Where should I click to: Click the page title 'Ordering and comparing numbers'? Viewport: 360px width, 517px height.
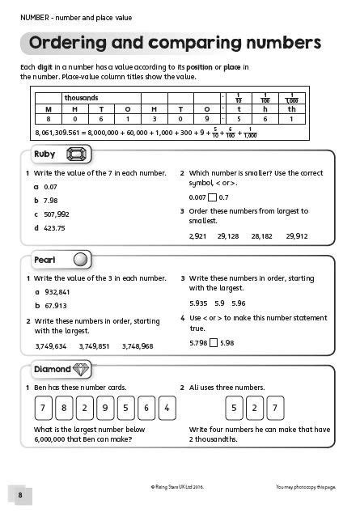coord(174,43)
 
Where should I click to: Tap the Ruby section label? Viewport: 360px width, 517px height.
coord(45,154)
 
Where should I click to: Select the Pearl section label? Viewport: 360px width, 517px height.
coord(44,260)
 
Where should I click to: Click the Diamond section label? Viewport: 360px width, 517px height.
coord(52,369)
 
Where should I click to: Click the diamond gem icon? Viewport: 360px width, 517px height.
coord(83,369)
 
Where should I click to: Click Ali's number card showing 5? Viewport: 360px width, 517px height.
coord(234,407)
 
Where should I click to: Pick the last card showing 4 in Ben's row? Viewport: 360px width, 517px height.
coord(166,407)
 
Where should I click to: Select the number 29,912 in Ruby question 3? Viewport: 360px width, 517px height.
coord(296,236)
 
